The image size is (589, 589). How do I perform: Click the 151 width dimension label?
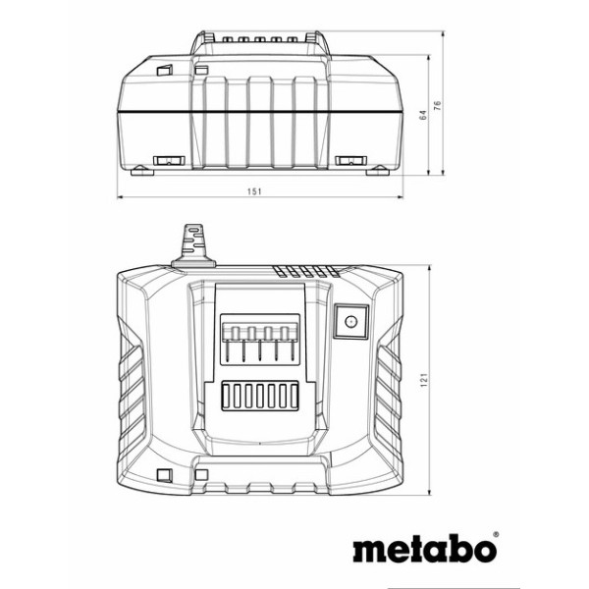[254, 191]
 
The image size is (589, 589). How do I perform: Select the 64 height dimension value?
[423, 115]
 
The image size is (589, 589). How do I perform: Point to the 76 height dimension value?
[438, 105]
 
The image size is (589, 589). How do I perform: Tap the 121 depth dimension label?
[424, 380]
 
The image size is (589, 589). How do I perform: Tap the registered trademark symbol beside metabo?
[496, 535]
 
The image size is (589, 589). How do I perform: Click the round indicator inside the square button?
[350, 322]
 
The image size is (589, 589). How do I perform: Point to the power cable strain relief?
[193, 245]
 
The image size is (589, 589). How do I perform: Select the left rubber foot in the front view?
[142, 171]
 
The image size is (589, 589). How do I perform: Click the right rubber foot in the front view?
[378, 171]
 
